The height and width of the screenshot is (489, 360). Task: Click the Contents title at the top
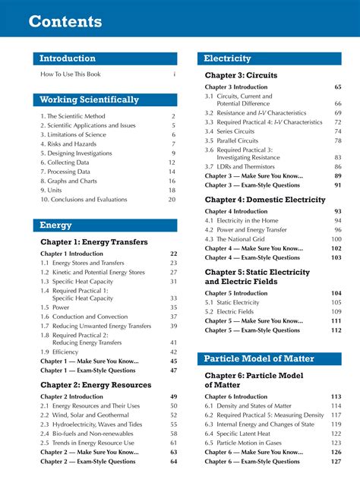(65, 21)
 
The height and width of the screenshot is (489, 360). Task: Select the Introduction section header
(68, 58)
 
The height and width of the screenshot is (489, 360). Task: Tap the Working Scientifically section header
(89, 99)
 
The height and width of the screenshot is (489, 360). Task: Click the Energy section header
(55, 226)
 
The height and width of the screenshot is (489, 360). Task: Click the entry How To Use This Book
(71, 74)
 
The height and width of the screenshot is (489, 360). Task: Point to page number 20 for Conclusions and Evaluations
(172, 200)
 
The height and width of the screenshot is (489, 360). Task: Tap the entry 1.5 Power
(57, 308)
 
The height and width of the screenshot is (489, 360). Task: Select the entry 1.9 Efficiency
(62, 352)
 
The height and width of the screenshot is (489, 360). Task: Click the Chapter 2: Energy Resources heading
(96, 385)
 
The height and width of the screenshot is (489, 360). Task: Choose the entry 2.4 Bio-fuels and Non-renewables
(87, 433)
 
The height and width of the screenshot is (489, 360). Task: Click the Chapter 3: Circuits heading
(241, 75)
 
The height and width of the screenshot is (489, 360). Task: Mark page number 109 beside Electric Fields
(336, 311)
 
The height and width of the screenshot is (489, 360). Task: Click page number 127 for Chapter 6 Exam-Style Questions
(336, 461)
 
